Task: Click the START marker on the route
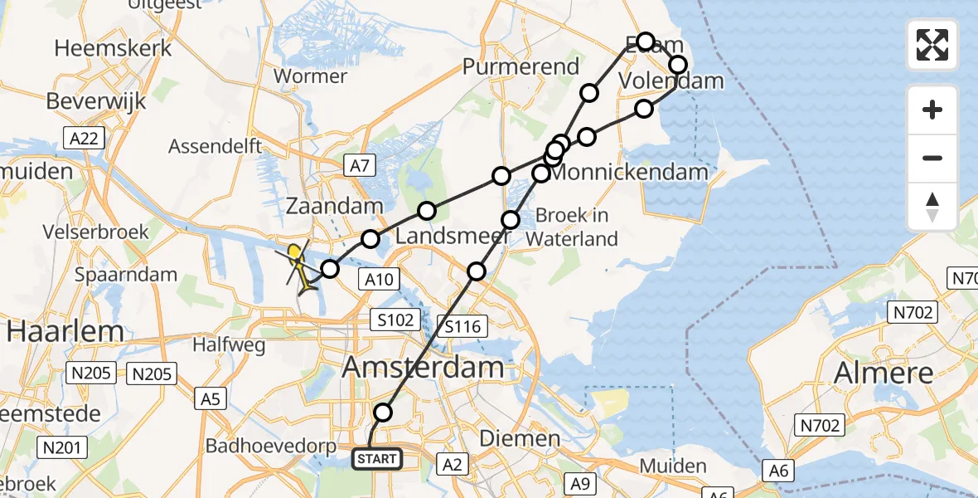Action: point(378,458)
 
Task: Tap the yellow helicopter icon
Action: point(298,266)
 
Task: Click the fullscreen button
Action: point(932,45)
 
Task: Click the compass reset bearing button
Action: point(932,207)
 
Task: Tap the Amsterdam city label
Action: point(423,368)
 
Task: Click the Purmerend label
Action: point(520,66)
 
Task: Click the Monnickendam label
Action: point(630,173)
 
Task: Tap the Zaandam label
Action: point(334,206)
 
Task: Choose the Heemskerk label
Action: point(113,48)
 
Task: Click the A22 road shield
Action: point(86,139)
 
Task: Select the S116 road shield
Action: point(462,327)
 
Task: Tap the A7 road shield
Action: point(358,166)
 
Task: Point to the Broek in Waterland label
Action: point(572,227)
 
